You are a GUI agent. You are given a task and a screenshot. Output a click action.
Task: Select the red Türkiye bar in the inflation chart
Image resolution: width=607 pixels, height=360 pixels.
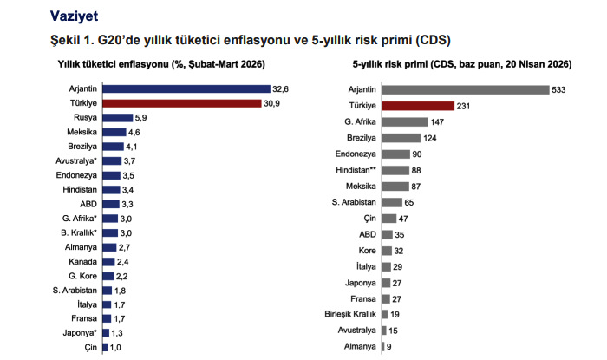(181, 103)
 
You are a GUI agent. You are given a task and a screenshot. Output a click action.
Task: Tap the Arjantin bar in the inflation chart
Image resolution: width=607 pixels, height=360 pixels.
(186, 88)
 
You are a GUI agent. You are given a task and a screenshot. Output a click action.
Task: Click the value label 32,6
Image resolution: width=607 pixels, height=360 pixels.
(281, 88)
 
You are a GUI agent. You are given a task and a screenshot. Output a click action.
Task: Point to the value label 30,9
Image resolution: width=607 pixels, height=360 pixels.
(272, 103)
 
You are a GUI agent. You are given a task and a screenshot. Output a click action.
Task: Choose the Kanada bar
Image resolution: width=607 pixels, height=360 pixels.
(108, 261)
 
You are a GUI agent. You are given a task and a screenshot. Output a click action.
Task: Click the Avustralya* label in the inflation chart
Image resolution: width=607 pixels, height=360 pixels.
(75, 160)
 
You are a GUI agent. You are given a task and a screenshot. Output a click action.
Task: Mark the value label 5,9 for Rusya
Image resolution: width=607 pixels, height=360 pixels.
(143, 118)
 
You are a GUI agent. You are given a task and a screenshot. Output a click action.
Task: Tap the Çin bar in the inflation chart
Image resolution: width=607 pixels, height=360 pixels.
(104, 347)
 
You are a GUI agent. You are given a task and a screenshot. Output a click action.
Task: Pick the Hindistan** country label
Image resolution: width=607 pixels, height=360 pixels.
(355, 170)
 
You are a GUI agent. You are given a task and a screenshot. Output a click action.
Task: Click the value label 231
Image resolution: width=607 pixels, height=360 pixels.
(464, 105)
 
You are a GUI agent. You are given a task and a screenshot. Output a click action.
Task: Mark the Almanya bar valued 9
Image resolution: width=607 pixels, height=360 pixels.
(383, 347)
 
